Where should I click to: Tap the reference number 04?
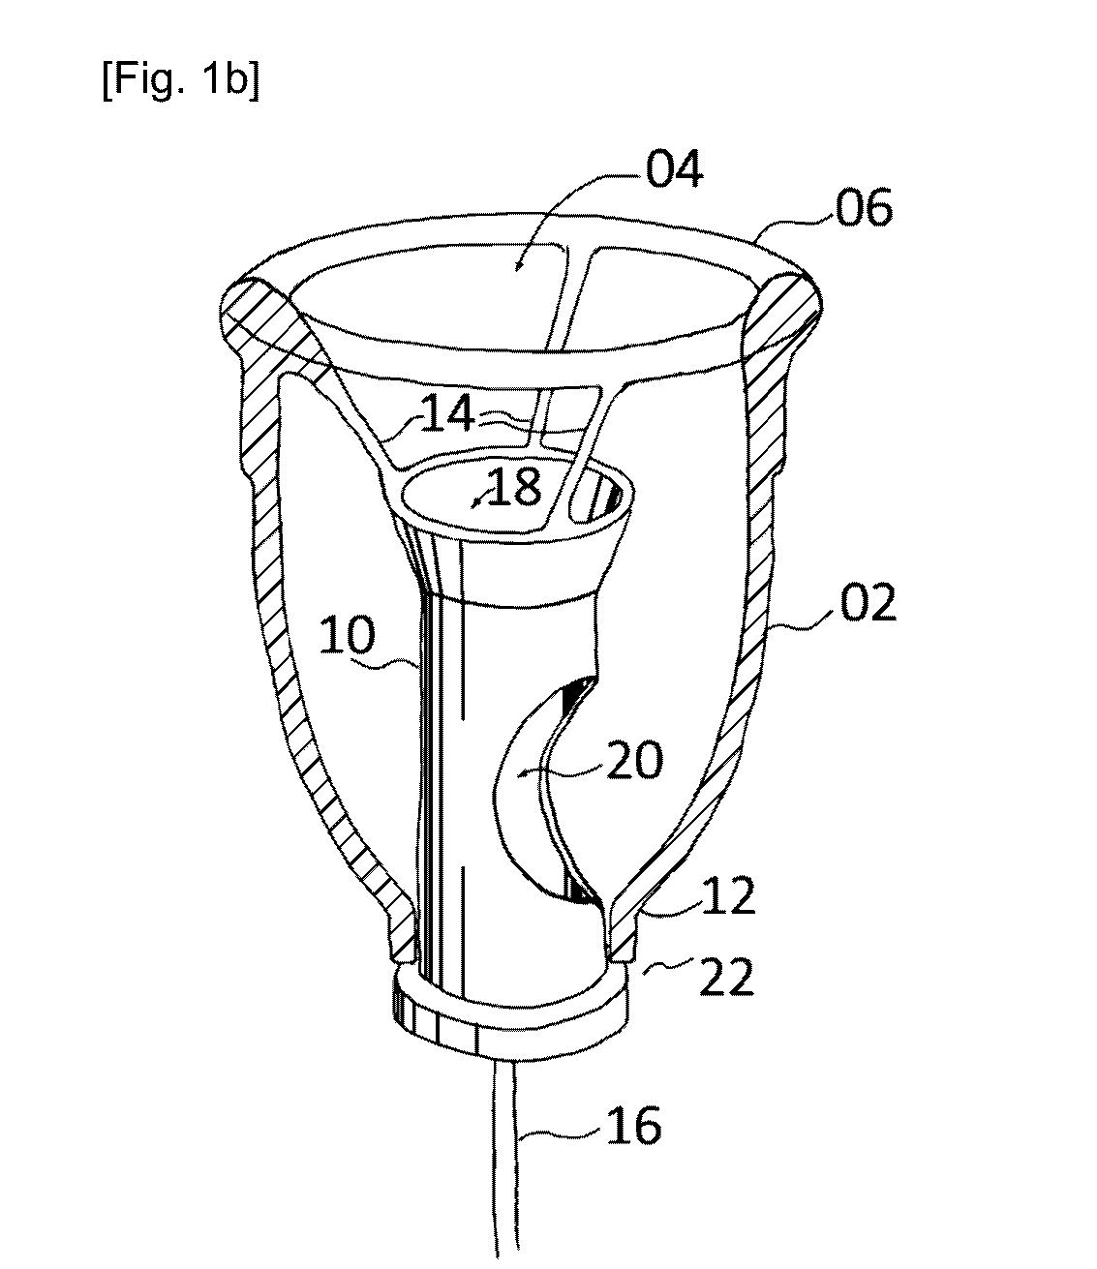tap(674, 170)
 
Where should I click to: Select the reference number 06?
tap(863, 208)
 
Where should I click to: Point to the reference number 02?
tap(868, 603)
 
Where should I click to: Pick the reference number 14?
tap(448, 413)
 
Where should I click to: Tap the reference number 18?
tap(514, 488)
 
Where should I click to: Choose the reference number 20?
tap(634, 760)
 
